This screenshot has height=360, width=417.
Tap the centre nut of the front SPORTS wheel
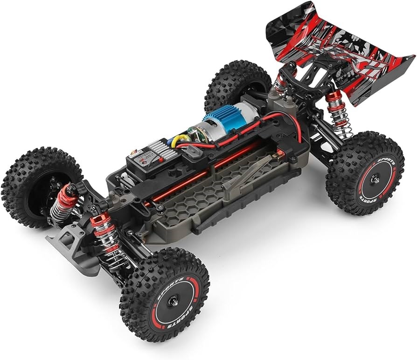[x=173, y=302]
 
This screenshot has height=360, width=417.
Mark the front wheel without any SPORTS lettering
[x=37, y=187]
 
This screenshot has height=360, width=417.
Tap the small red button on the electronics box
[x=139, y=151]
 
